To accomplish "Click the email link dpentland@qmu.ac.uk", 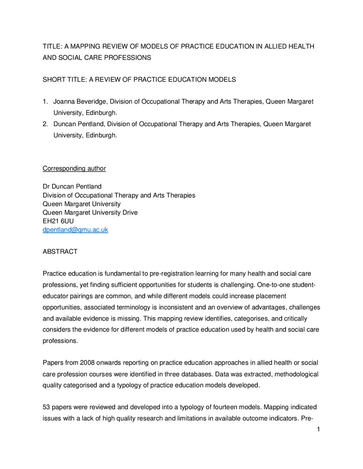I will point(75,230).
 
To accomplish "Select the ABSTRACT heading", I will point(60,251).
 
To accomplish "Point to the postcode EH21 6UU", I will point(58,221).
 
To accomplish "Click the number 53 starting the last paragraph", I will point(47,408).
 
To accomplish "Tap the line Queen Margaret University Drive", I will point(90,212).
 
